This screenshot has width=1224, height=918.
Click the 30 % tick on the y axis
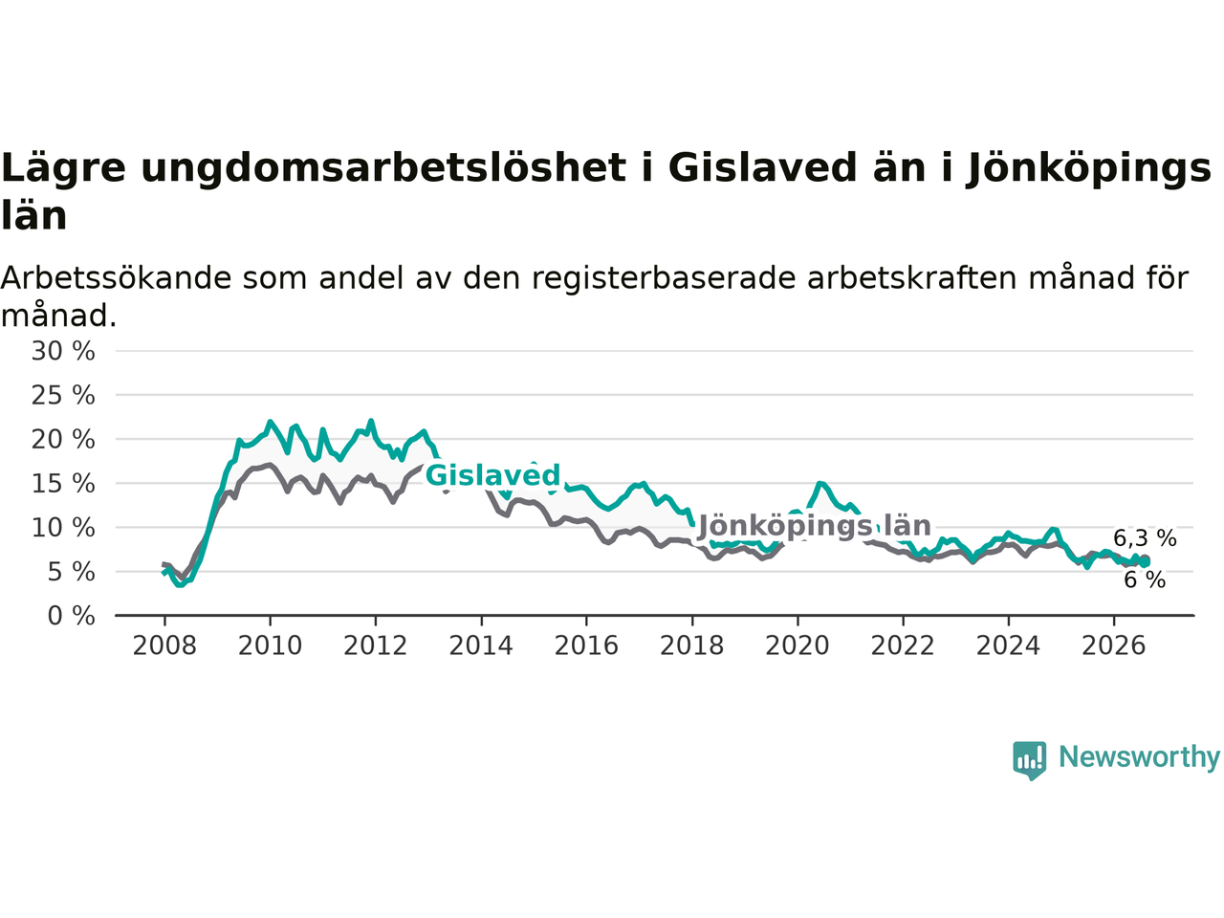coord(63,351)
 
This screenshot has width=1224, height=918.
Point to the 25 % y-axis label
coord(63,395)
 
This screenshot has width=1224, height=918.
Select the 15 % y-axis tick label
coord(63,483)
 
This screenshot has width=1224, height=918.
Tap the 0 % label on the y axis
coord(72,616)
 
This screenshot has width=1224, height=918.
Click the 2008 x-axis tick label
coord(164,646)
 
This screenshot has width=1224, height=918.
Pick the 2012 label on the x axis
coord(375,646)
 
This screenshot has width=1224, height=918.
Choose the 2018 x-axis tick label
coord(692,646)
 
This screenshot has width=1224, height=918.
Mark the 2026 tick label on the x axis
coord(1114,646)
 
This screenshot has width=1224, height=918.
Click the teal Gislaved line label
coord(492,475)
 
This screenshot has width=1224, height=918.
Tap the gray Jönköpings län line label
coord(815,526)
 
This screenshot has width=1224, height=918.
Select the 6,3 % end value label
coord(1145,537)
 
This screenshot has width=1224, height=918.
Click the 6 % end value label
coord(1145,580)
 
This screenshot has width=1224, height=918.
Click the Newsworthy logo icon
coord(1029,759)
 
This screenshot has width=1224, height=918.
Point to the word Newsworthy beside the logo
coord(1139,757)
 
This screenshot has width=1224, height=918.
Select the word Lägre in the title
coord(63,169)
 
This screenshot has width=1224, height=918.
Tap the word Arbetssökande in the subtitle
coord(116,277)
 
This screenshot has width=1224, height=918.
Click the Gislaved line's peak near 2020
coord(820,483)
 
